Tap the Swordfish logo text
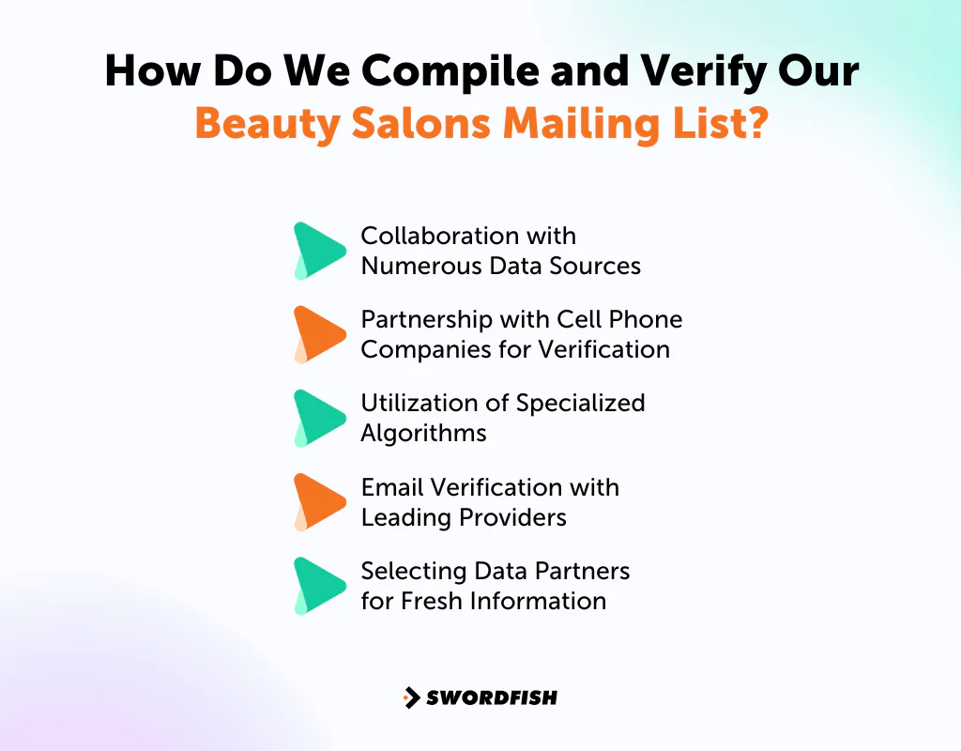click(492, 697)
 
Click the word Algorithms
click(423, 434)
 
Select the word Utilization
click(416, 403)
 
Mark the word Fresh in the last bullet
click(435, 601)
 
